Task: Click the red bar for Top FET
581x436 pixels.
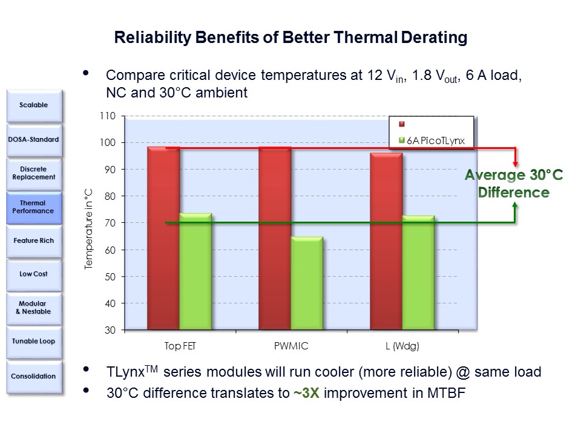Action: [163, 238]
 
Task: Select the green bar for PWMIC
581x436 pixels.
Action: [307, 283]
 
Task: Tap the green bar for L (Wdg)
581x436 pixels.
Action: [418, 272]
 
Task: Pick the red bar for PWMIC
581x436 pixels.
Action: [275, 238]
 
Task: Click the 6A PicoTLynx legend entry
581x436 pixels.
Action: [432, 140]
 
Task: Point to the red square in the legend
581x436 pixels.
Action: [402, 124]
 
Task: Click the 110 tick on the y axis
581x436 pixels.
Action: [108, 116]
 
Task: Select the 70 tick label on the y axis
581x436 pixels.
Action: [110, 223]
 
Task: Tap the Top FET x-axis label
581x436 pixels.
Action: [180, 346]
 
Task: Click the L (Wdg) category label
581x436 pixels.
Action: [402, 346]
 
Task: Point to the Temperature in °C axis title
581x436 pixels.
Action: [88, 229]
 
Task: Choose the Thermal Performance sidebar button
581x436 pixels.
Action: [34, 207]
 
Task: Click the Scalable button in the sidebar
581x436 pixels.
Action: [34, 105]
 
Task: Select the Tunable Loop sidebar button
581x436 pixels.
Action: [34, 342]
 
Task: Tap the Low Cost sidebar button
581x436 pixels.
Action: [34, 274]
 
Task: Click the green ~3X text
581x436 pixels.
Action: [306, 393]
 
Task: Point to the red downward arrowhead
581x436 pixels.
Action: [515, 163]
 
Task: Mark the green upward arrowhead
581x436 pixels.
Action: [515, 205]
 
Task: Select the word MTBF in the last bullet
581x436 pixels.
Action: [446, 393]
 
